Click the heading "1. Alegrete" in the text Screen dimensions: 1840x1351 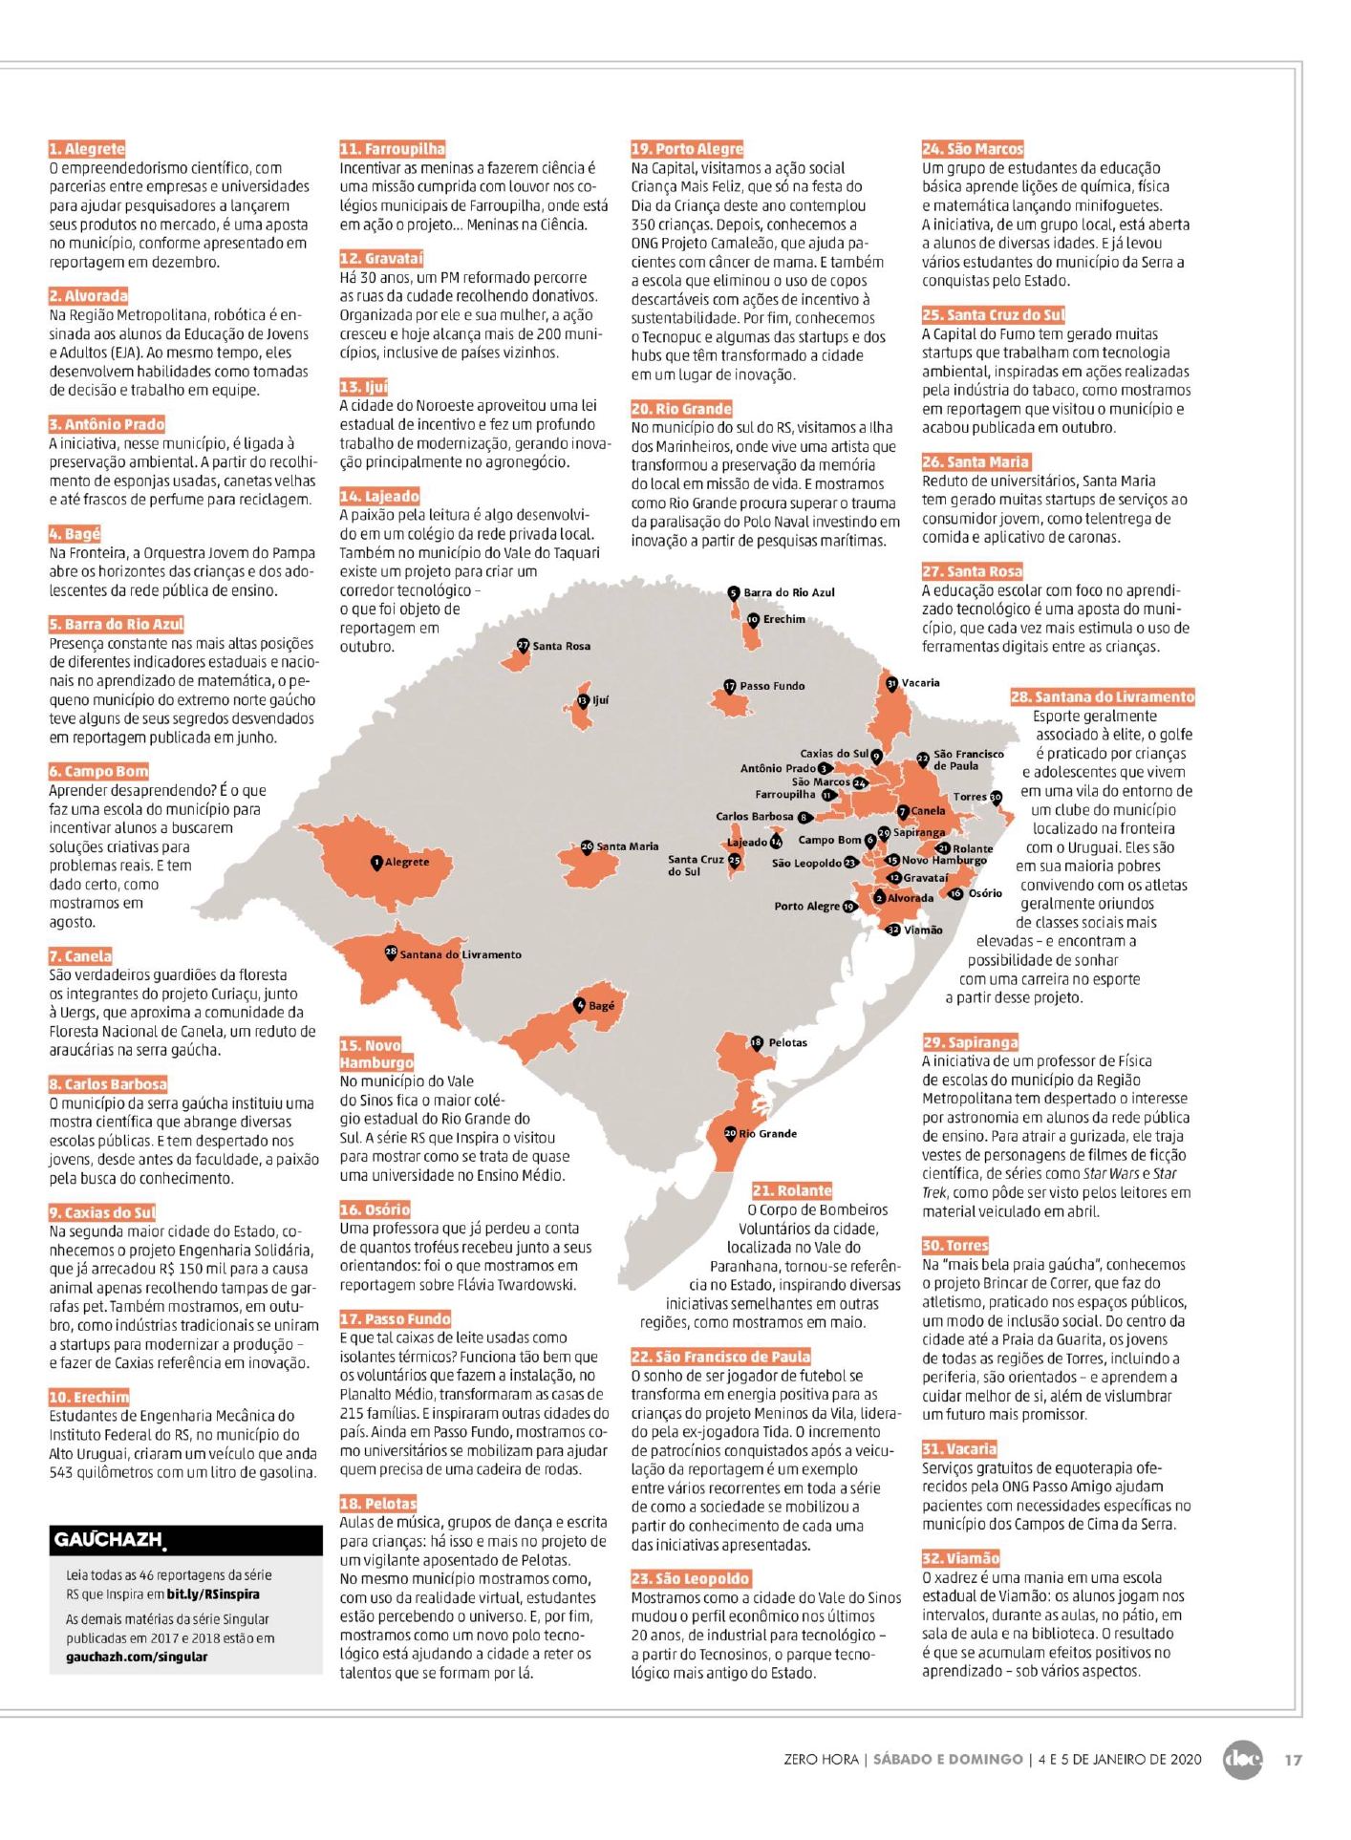point(87,149)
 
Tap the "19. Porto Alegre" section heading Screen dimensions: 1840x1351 point(686,149)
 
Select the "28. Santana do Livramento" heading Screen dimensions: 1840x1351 point(1102,697)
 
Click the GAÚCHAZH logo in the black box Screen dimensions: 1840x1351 point(108,1539)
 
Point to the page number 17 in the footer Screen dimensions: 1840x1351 point(1292,1759)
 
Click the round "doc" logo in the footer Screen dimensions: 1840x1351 point(1242,1759)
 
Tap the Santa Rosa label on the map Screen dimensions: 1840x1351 point(561,647)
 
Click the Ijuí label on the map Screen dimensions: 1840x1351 point(600,700)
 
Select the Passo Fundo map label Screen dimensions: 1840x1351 point(772,686)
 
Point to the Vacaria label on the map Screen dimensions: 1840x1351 point(920,683)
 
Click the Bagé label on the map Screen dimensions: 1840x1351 point(601,1006)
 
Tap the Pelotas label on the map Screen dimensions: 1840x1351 point(787,1043)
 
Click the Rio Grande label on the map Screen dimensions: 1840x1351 point(767,1134)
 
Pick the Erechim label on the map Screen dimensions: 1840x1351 point(783,620)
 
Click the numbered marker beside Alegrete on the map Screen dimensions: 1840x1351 point(377,863)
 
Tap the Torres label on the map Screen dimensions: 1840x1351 point(969,797)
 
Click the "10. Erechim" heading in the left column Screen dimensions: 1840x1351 point(88,1397)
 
